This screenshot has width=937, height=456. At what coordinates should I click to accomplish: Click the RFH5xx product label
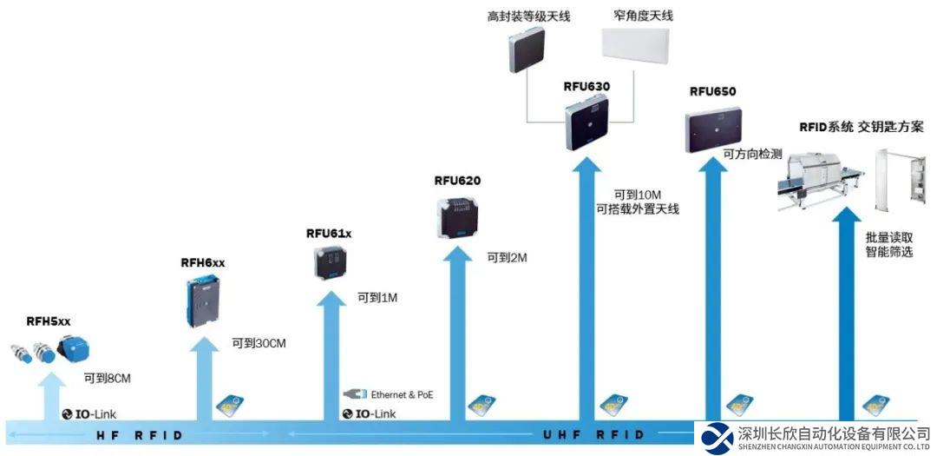coord(49,321)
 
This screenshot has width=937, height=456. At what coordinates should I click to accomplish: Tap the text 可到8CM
coord(108,378)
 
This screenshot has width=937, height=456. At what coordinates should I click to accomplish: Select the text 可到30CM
coord(259,343)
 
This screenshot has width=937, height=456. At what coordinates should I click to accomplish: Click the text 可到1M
coord(377,298)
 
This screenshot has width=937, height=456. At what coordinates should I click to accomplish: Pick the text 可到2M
coord(507,257)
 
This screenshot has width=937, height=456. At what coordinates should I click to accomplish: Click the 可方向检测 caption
coord(752,154)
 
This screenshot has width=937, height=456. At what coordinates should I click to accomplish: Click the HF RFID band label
coord(139,434)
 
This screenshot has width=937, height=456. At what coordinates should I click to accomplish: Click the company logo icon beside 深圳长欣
coord(718,437)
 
